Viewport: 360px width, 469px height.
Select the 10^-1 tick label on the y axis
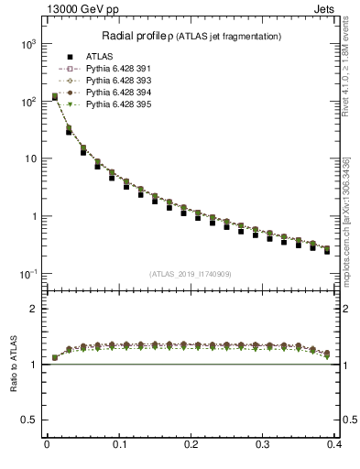27,274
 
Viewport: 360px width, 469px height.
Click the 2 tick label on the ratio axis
35,309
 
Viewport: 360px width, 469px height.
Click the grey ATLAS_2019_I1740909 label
191,275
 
